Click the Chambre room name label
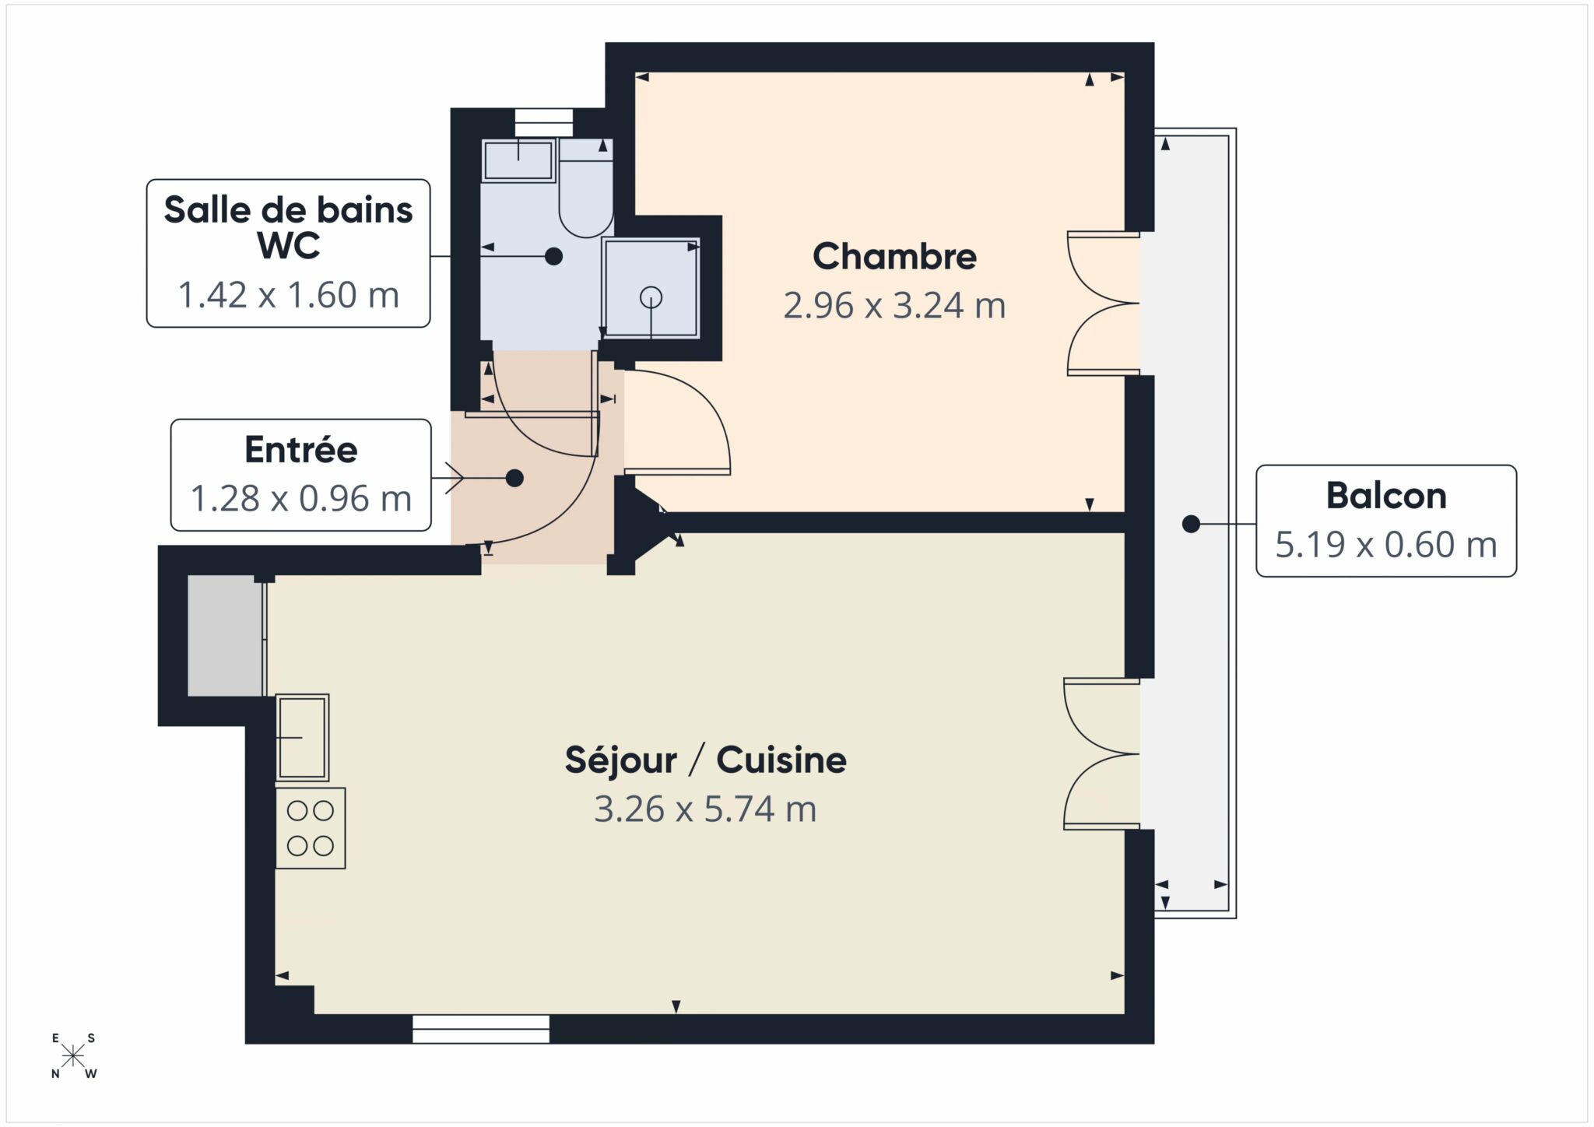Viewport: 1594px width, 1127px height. (x=894, y=257)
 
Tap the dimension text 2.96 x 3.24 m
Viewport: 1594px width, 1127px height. (x=894, y=306)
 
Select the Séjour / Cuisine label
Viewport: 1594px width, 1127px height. (x=705, y=760)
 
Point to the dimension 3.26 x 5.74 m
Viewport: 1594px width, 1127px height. (x=705, y=809)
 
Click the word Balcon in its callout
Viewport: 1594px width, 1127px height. (x=1386, y=496)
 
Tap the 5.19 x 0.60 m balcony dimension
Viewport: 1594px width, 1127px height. (x=1386, y=545)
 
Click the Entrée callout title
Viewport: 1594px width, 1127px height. (x=300, y=450)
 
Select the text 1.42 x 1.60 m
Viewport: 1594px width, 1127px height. (x=288, y=295)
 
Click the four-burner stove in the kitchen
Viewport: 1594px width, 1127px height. (x=311, y=828)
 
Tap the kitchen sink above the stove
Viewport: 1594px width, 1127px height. (x=303, y=737)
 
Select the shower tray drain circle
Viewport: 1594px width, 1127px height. (x=651, y=297)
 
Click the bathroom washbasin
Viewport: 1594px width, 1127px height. (x=518, y=160)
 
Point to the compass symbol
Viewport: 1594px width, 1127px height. (x=74, y=1056)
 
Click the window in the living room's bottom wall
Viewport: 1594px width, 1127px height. (x=481, y=1028)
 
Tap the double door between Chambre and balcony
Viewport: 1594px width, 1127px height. (x=1103, y=304)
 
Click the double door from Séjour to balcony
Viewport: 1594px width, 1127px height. (x=1101, y=753)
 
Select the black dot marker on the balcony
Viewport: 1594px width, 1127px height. (x=1191, y=525)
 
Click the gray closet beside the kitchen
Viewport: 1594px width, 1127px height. (x=225, y=637)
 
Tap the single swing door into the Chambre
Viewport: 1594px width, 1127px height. (x=677, y=424)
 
